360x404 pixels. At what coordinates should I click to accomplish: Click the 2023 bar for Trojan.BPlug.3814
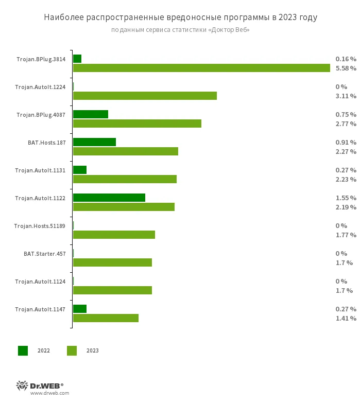[201, 68]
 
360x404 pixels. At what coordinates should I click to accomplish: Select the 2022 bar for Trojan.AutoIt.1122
[109, 198]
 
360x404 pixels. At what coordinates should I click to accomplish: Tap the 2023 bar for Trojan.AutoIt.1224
[145, 96]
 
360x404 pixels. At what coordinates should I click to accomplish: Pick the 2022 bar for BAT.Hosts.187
[94, 142]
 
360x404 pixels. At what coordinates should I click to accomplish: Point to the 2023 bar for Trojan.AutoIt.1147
[106, 318]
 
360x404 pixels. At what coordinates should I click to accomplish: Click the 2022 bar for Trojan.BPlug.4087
[91, 114]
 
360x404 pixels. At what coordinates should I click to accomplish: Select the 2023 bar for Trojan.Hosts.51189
[114, 235]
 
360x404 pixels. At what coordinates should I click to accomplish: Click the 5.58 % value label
[346, 68]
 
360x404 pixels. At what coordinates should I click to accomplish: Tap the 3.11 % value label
[346, 96]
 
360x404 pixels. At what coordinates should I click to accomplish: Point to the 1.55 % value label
[346, 198]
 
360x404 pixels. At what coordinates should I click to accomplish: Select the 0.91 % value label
[346, 142]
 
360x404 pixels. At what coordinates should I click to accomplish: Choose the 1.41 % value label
[346, 318]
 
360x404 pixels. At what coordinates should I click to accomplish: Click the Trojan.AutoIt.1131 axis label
[40, 170]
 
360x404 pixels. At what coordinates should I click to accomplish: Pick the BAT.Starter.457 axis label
[44, 254]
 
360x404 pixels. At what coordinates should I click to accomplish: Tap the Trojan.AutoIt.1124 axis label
[40, 282]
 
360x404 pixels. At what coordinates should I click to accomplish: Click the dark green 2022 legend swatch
[23, 350]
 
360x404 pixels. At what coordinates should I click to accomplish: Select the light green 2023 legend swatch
[72, 350]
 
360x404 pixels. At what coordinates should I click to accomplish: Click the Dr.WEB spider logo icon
[22, 385]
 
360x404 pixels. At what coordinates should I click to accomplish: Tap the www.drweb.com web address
[49, 393]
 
